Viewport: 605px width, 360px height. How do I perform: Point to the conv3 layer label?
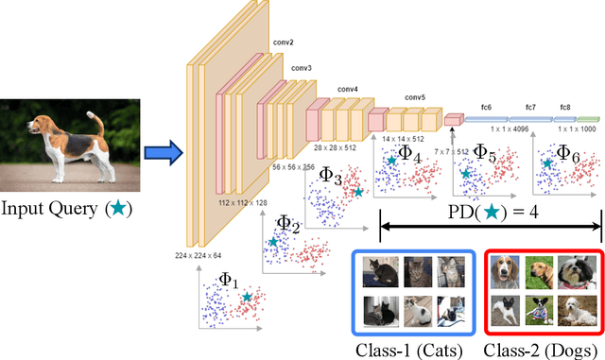click(x=301, y=68)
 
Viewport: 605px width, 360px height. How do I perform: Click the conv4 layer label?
click(x=347, y=90)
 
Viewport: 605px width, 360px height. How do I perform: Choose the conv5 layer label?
click(x=415, y=97)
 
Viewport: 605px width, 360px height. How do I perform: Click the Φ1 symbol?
click(x=229, y=280)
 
